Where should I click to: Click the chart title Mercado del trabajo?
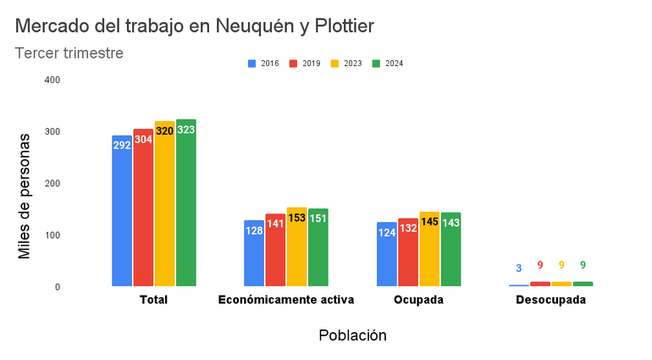(x=194, y=26)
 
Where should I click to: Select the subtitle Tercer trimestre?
(x=69, y=53)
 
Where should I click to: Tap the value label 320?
(x=165, y=131)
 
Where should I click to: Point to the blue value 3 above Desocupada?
(x=519, y=269)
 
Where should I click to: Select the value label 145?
(x=430, y=222)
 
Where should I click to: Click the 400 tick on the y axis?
(x=52, y=80)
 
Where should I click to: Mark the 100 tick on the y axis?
(x=52, y=235)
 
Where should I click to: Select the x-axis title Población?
(x=352, y=335)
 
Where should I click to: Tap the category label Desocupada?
(x=550, y=300)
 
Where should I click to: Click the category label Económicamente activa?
(x=286, y=300)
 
